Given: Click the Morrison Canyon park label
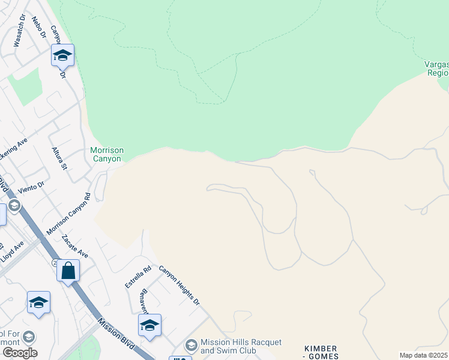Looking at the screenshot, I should point(106,154).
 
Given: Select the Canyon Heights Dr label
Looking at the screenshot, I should point(179,285).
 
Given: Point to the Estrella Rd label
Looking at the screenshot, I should point(132,277).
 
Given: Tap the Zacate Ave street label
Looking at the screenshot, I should point(75,246).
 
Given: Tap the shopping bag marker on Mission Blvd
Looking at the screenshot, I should point(68,271).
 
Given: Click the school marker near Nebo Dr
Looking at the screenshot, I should point(62,56).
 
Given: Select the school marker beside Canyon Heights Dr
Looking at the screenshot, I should point(149,326).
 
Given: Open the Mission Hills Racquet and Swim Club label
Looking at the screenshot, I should point(241,346).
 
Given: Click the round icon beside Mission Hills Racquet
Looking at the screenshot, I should point(191,345).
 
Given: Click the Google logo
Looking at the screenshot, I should point(20,352).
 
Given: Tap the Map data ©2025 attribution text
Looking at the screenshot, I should point(423,355).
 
